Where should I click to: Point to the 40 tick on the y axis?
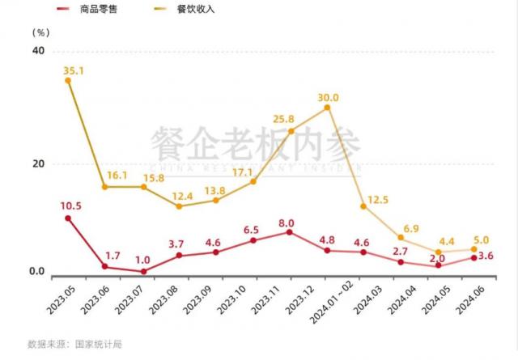[x=37, y=50]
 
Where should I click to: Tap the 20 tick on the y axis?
[x=37, y=163]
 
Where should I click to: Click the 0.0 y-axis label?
[x=36, y=272]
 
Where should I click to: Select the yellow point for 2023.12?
[x=327, y=108]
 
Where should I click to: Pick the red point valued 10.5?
[x=68, y=218]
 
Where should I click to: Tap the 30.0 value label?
[x=329, y=98]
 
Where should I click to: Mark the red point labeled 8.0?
[x=290, y=232]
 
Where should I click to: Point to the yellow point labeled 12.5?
[x=363, y=206]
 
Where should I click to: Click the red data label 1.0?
[x=142, y=260]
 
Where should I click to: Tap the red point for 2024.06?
[x=474, y=258]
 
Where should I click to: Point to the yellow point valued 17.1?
[x=253, y=181]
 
